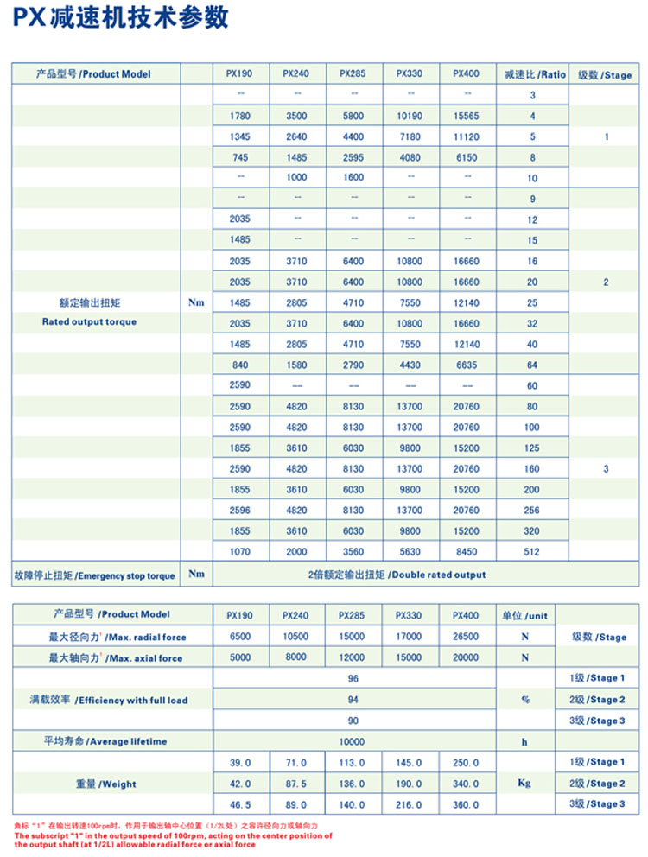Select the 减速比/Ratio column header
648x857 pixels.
534,74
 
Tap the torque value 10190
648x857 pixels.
409,116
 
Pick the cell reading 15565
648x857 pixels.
466,116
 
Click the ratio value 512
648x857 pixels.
532,552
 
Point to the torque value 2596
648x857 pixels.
240,511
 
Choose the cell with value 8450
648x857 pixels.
466,552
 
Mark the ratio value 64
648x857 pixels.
532,365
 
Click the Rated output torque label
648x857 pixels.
89,321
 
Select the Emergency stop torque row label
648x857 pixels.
94,575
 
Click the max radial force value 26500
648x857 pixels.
466,637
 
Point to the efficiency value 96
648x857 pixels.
353,679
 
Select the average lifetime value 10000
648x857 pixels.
353,741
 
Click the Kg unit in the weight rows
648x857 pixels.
524,783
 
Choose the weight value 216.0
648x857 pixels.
409,804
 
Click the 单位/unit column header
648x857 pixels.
524,615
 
